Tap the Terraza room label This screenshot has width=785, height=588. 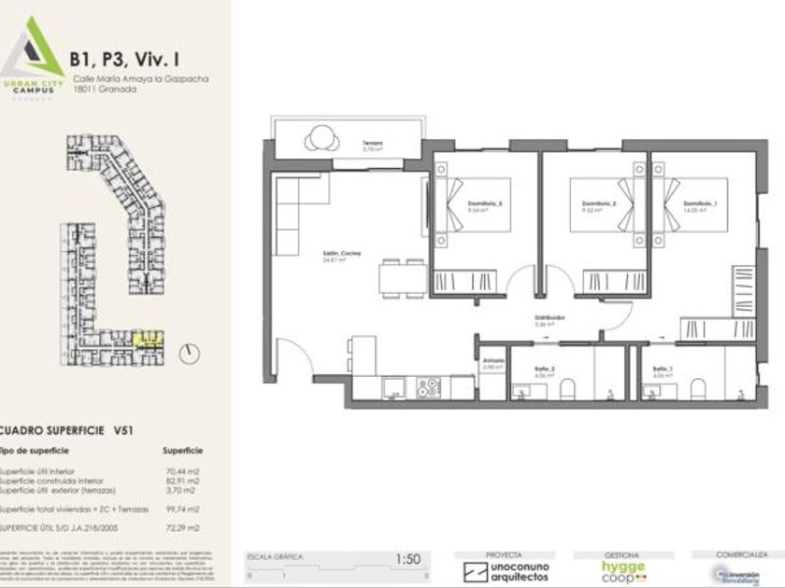click(x=374, y=145)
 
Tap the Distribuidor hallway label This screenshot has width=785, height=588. click(x=548, y=317)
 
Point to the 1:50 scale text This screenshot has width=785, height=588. click(x=407, y=558)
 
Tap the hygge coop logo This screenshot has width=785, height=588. click(x=621, y=569)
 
